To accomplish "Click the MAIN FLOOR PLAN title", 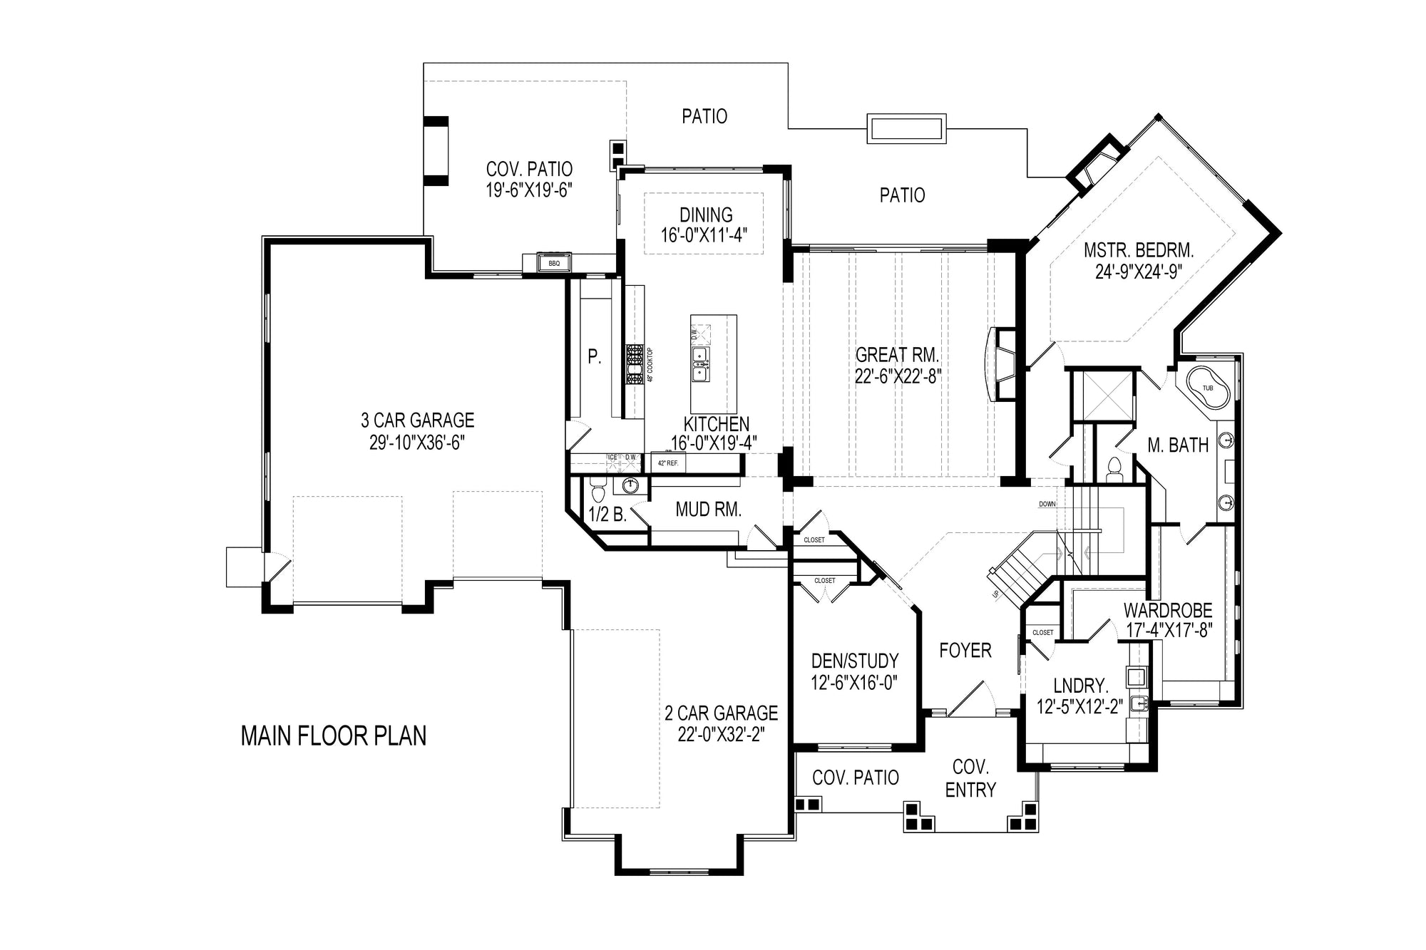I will click(x=334, y=735).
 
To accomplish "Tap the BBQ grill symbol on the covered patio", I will click(x=555, y=263).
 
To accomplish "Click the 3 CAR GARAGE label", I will click(x=417, y=420).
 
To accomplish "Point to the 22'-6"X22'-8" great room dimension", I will click(x=898, y=376).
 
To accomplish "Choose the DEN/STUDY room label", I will click(x=854, y=661).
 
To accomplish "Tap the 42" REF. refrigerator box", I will click(x=667, y=463).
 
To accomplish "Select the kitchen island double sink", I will click(x=700, y=363).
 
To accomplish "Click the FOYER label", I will click(x=965, y=650).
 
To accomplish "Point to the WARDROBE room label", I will click(x=1168, y=610).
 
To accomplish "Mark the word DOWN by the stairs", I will click(x=1047, y=504).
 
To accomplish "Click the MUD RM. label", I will click(x=708, y=510).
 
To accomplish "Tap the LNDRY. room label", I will click(x=1080, y=686).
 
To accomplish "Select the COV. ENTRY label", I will click(x=970, y=778).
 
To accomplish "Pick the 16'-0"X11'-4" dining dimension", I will click(x=703, y=236).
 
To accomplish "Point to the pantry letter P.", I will click(x=594, y=357).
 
